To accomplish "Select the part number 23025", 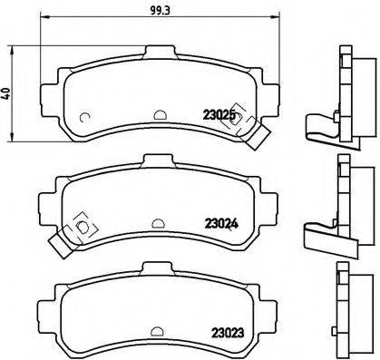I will tap(218, 115).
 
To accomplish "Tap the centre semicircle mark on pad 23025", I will tap(159, 114).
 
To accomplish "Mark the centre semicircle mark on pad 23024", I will tap(159, 222).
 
